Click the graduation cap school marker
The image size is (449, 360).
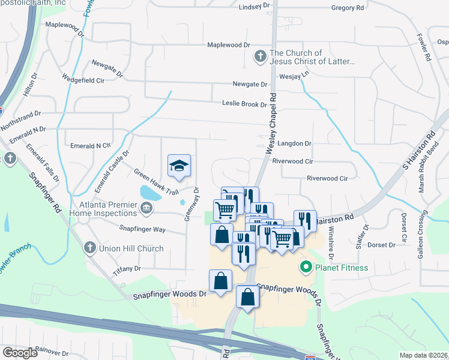tap(179, 166)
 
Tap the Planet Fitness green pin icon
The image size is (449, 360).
tap(306, 267)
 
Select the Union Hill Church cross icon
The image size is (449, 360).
tap(89, 248)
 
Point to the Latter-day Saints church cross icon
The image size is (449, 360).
tap(260, 57)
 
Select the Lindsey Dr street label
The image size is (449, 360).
tap(254, 6)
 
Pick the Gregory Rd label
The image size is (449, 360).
tap(348, 8)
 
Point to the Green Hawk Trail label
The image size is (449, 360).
tap(156, 182)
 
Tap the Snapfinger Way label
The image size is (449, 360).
tap(142, 229)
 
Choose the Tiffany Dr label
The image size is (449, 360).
tap(129, 268)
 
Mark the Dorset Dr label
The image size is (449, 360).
tap(381, 245)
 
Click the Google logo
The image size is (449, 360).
tap(20, 352)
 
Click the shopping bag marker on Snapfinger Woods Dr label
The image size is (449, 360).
tap(220, 282)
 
